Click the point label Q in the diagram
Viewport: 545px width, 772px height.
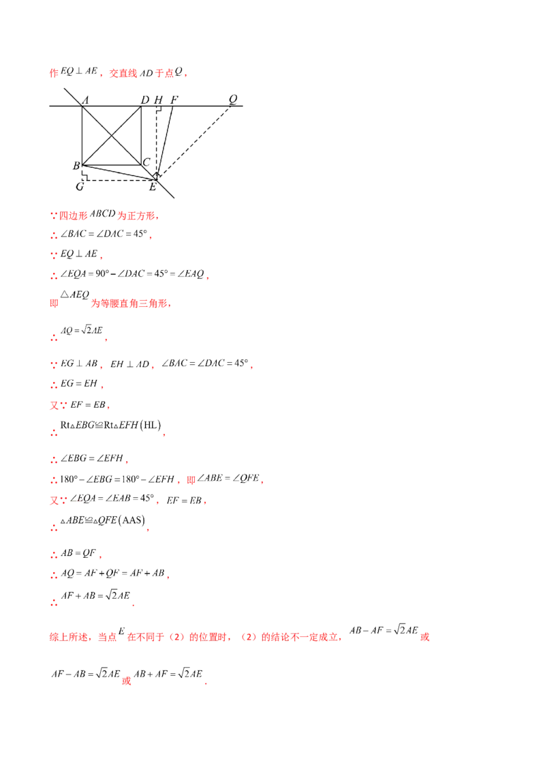click(233, 99)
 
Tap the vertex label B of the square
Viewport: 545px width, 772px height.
click(76, 166)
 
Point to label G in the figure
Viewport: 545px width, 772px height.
click(80, 187)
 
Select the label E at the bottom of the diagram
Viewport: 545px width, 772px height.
click(153, 187)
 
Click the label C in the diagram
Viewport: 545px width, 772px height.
click(146, 162)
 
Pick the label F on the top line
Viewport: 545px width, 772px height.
click(174, 100)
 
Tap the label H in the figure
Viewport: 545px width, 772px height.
click(158, 100)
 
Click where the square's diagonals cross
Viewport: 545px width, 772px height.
click(112, 136)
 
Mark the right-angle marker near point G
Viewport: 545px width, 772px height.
click(84, 177)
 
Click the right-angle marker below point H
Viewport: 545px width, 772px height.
click(159, 109)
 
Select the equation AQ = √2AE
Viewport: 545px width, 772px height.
click(82, 330)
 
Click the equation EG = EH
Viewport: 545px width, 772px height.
click(79, 383)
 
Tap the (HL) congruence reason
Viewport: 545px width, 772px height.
click(151, 425)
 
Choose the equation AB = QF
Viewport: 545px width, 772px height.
click(78, 553)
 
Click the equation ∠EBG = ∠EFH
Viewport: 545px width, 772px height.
click(91, 458)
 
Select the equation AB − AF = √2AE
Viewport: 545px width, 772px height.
click(384, 629)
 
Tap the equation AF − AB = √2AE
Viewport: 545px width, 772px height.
click(86, 674)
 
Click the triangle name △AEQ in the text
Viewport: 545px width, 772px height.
click(75, 295)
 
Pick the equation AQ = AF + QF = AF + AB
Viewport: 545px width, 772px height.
click(112, 573)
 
